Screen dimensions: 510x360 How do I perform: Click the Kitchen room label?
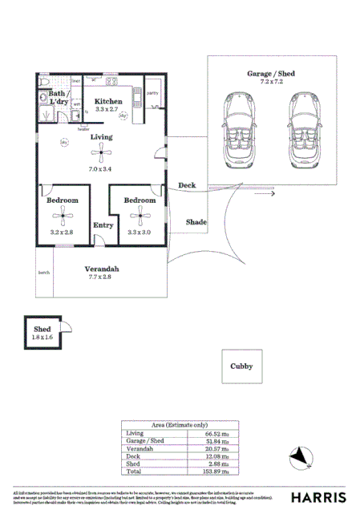click(107, 101)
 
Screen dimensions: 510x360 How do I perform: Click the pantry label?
click(151, 92)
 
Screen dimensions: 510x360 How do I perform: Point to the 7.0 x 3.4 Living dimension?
click(100, 170)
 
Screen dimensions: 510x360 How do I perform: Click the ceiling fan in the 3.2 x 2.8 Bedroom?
click(62, 215)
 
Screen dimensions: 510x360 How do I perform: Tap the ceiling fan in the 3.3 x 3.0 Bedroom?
click(140, 214)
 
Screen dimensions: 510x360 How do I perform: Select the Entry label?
click(103, 225)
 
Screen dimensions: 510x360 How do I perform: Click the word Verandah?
click(102, 267)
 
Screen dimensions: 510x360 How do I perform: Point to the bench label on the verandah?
click(44, 273)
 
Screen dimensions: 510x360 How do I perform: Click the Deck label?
click(186, 185)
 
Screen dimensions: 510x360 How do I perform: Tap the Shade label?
click(196, 221)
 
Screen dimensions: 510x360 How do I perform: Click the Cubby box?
click(241, 366)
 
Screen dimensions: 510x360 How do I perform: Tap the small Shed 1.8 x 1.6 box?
click(43, 333)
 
